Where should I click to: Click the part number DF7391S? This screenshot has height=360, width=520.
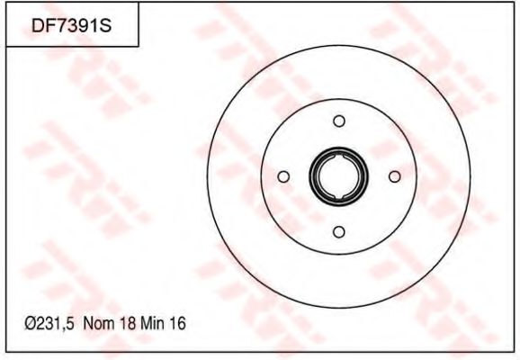point(72,26)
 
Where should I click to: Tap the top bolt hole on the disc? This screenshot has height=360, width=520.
point(339,121)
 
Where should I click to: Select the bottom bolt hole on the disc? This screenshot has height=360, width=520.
point(339,232)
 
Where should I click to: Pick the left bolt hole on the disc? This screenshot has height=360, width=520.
point(283,176)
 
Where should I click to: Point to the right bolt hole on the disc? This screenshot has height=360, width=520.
point(395,176)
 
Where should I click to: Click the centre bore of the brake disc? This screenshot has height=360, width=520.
point(338,176)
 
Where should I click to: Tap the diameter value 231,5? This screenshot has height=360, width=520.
point(54,323)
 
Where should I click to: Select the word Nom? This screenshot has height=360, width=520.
point(99,323)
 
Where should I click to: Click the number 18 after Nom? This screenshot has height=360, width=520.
point(128,323)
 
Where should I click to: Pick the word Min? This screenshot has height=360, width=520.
point(152,323)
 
